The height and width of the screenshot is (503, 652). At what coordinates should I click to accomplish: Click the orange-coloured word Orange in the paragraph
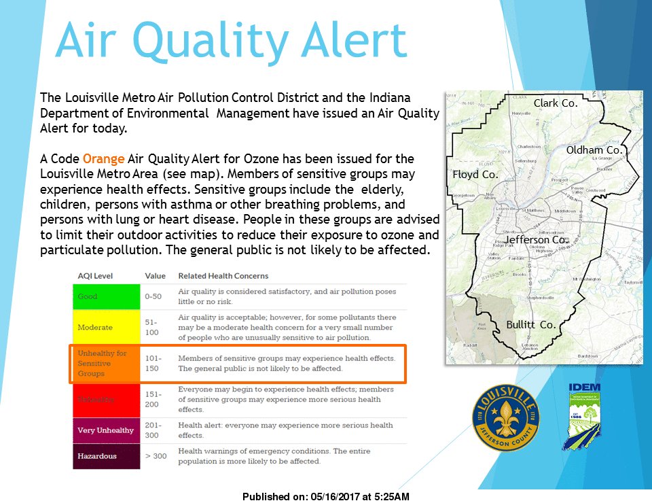[x=103, y=159]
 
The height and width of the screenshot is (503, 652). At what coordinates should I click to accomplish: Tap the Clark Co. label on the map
[x=555, y=103]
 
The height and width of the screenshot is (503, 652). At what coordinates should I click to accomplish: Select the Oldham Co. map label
[x=594, y=150]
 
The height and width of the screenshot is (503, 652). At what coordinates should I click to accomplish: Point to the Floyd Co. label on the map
[x=475, y=175]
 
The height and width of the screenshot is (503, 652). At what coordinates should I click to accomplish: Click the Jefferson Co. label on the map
[x=535, y=240]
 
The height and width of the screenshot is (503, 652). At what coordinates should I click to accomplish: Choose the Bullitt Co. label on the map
[x=530, y=325]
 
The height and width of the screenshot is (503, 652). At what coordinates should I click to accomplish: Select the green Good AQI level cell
[x=106, y=296]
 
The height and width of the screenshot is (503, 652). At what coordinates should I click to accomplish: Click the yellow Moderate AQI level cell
[x=106, y=327]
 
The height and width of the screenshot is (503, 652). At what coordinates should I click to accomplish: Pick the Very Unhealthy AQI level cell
[x=106, y=430]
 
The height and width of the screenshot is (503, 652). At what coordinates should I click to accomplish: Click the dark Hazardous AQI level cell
[x=106, y=456]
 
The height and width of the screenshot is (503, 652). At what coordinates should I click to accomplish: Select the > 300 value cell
[x=156, y=456]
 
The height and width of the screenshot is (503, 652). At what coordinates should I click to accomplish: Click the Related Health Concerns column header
[x=223, y=276]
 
